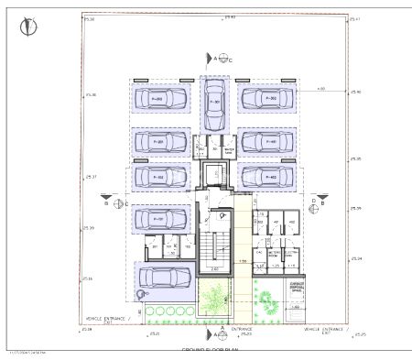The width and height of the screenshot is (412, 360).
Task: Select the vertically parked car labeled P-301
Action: pos(215,104)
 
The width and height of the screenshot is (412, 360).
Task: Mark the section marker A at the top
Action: pos(215,59)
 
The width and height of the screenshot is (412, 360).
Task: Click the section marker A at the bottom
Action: pos(222,329)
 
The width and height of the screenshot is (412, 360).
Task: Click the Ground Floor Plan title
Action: pos(210,351)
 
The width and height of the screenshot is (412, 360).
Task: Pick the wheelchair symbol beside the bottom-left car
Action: pos(140,294)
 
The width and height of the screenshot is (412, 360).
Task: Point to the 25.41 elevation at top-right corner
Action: pos(355,19)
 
